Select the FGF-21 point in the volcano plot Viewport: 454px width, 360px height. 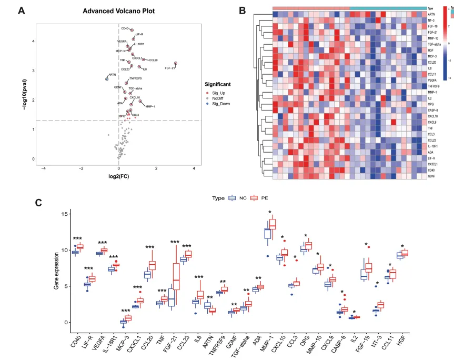point(176,64)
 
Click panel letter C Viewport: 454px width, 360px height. point(37,202)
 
